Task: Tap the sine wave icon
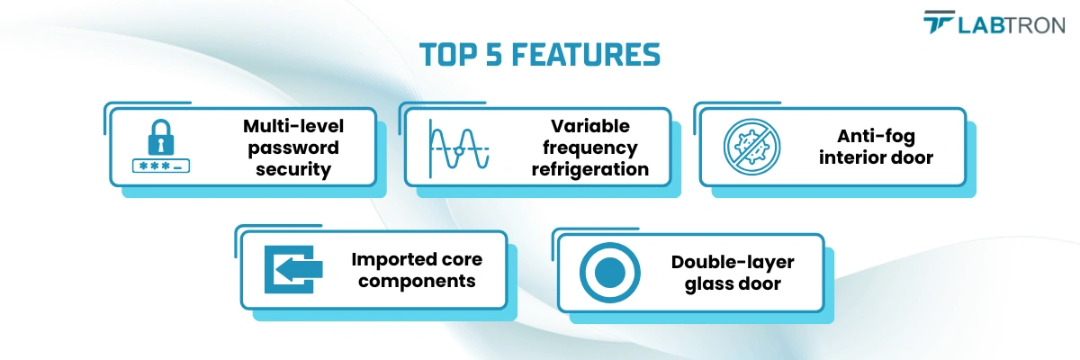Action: click(x=459, y=147)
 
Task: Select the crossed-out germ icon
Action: click(x=752, y=147)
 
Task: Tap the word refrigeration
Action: click(x=590, y=169)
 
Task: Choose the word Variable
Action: click(x=590, y=126)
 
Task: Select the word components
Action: click(x=413, y=282)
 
